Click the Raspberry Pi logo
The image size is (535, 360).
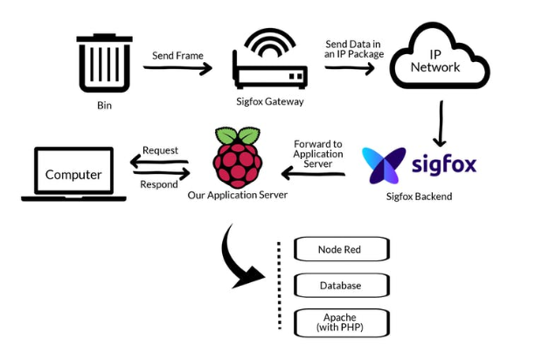236,157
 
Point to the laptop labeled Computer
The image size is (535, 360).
73,174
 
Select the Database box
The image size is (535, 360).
340,286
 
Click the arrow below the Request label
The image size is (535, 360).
161,163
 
